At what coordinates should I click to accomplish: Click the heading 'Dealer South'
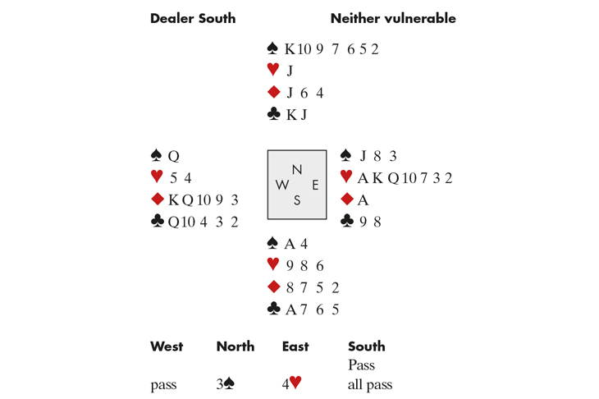(192, 18)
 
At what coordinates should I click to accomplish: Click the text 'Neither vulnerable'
(392, 18)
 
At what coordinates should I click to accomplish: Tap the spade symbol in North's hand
(273, 48)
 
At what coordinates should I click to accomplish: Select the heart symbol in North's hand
(273, 71)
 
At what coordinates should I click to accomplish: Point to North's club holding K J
(296, 115)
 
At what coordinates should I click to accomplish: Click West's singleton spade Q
(173, 156)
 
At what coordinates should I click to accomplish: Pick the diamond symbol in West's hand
(158, 199)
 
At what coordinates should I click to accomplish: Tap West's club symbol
(158, 222)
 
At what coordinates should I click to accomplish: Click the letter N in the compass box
(297, 170)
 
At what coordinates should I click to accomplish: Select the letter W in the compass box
(282, 185)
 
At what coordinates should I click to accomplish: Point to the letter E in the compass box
(315, 185)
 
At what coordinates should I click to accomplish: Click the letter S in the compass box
(297, 199)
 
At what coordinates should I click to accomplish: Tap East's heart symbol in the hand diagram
(346, 177)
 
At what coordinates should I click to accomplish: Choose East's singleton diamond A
(363, 199)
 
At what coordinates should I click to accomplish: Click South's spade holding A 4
(295, 244)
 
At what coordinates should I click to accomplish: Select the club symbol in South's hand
(273, 310)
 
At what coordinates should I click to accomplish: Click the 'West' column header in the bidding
(167, 346)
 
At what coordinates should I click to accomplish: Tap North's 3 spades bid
(226, 383)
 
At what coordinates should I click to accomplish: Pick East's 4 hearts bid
(291, 383)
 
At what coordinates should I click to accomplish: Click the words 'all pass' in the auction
(370, 383)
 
